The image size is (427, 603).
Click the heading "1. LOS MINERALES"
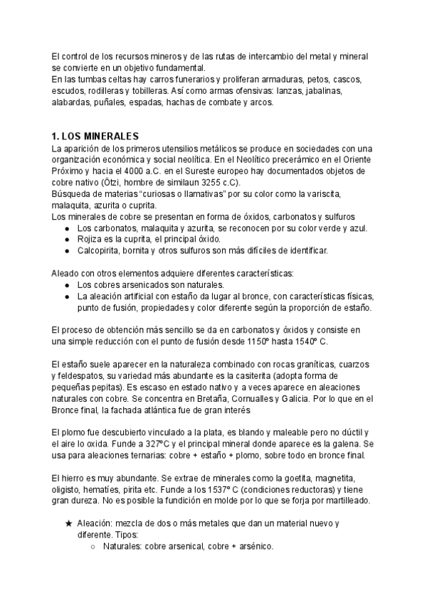pos(95,136)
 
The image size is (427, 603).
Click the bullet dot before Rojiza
pos(67,239)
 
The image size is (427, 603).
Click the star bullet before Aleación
pos(68,523)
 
